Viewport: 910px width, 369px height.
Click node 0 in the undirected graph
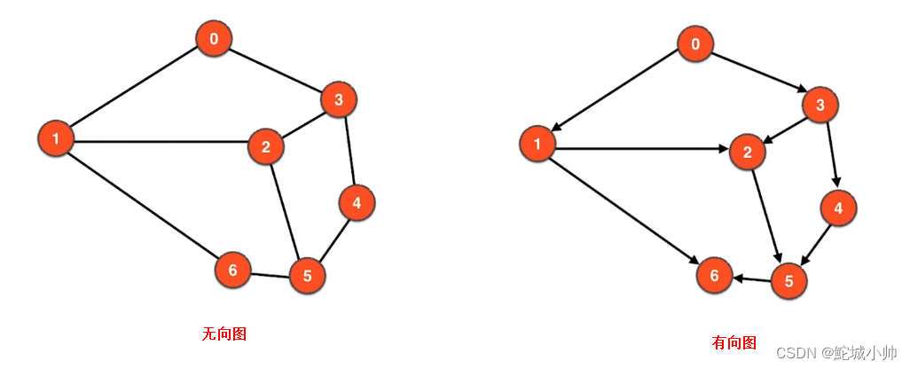[x=214, y=39]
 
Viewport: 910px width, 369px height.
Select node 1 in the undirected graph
[x=56, y=138]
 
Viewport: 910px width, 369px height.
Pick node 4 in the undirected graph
[x=357, y=203]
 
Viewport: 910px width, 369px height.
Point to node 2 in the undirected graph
[x=266, y=146]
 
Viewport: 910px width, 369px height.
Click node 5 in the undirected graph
[x=308, y=276]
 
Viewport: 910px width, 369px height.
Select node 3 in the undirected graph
[x=338, y=100]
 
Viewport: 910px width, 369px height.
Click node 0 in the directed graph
[x=695, y=44]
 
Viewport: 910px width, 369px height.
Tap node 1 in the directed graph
[x=537, y=144]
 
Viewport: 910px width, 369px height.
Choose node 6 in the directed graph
[x=714, y=277]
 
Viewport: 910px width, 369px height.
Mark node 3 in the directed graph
[x=820, y=106]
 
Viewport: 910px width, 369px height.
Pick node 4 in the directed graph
[x=837, y=208]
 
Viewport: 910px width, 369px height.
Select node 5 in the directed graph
[x=789, y=281]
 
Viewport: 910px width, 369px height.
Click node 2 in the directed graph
[x=748, y=152]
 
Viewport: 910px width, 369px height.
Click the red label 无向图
[x=224, y=334]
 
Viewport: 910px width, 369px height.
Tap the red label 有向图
[x=734, y=342]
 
